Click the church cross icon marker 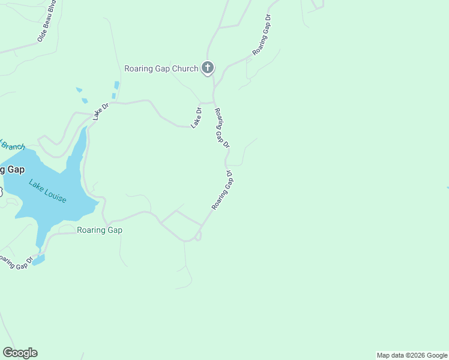(x=208, y=67)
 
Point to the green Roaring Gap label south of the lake (x=100, y=230)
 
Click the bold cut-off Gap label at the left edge (x=13, y=170)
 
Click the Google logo (x=20, y=353)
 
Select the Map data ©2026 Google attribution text (x=412, y=355)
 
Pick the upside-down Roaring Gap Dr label (x=221, y=190)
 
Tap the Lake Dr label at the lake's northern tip (x=100, y=112)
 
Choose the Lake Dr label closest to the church (x=196, y=117)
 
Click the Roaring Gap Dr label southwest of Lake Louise (x=16, y=263)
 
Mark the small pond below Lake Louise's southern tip (x=38, y=260)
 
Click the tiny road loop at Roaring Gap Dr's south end (x=198, y=236)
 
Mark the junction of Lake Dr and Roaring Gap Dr (x=214, y=102)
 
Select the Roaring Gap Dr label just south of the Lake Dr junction (x=222, y=128)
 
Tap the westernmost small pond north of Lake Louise (x=79, y=90)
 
